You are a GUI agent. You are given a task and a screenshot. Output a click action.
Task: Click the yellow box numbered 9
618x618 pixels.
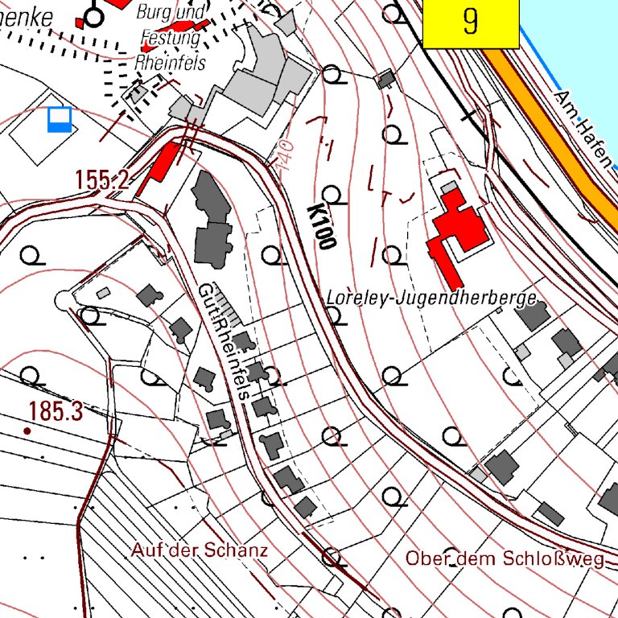click(x=470, y=23)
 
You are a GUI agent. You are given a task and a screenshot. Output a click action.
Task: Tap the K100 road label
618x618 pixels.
click(x=320, y=226)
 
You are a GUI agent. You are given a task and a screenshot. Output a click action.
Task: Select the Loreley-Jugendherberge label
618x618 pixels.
click(x=431, y=299)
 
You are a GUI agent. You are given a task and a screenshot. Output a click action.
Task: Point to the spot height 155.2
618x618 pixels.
click(x=102, y=179)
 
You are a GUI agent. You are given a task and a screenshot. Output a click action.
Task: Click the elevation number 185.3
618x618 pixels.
click(x=55, y=412)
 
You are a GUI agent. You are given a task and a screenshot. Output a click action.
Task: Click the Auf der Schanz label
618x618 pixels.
click(x=198, y=550)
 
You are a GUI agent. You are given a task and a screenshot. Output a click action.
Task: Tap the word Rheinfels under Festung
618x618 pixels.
click(x=171, y=62)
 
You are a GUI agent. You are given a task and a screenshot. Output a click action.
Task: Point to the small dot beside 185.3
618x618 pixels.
click(x=27, y=431)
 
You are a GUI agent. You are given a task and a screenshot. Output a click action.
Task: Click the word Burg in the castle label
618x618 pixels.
click(x=152, y=12)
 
